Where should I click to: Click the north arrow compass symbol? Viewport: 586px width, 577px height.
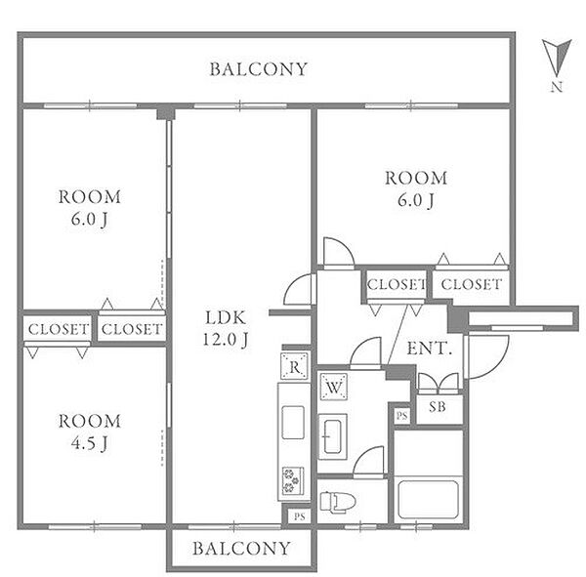pos(557,57)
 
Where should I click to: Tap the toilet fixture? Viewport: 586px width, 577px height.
pos(338,501)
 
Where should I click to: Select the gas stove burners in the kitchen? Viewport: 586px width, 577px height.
pos(293,480)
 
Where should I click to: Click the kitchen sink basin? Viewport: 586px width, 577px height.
pos(293,423)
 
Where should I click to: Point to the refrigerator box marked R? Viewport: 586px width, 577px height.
pos(295,366)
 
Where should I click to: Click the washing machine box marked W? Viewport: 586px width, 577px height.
pos(334,387)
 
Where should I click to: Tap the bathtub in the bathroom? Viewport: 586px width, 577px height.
pos(429,499)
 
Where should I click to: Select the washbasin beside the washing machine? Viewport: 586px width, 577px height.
pos(332,436)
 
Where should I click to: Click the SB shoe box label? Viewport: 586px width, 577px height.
pos(437,406)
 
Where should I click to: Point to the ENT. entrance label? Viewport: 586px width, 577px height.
pos(429,349)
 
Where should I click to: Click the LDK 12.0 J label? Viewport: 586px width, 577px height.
pos(226,329)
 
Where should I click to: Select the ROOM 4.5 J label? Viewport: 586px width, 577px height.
pos(90,433)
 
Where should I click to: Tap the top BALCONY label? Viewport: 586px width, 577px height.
pos(258,69)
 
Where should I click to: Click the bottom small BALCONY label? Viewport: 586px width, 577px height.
pos(241,549)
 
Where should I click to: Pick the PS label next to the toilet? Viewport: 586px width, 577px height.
pos(300,516)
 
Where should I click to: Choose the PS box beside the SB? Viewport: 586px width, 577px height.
pos(401,416)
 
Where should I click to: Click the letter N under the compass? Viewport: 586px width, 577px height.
pos(557,87)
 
